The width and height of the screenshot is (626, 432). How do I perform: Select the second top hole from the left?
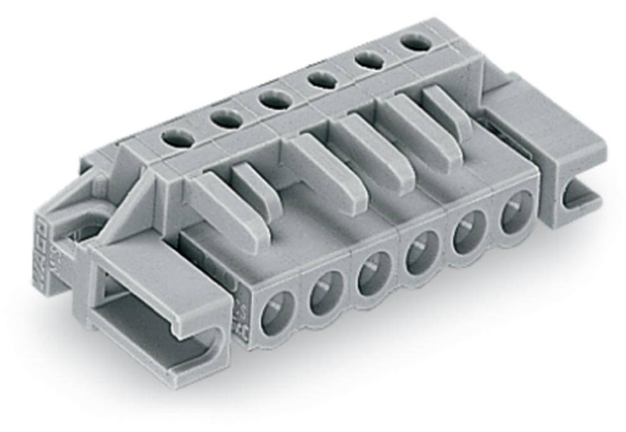coord(226,118)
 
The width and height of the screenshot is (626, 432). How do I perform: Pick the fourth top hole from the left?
coord(322,80)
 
